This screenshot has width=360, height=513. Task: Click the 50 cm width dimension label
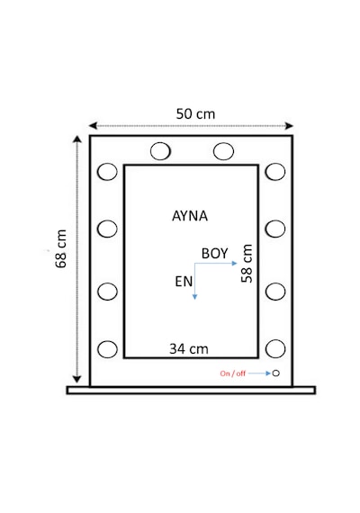pos(195,114)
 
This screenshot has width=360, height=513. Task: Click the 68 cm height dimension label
pos(61,249)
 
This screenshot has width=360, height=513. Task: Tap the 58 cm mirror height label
pos(247,264)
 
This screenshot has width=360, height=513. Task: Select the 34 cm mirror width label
pos(189,349)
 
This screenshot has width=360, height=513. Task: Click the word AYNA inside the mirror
pos(190,216)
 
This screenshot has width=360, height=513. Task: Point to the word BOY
pos(215,254)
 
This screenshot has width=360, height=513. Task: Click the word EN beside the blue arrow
pos(184,282)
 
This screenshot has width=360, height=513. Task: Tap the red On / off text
pos(232,373)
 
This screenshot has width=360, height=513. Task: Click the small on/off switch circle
pos(276,373)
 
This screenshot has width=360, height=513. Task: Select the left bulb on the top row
pos(160,151)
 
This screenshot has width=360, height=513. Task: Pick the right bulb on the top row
pos(223,151)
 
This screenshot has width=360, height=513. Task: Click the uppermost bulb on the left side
pos(107,171)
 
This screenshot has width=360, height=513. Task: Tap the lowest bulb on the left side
pos(107,349)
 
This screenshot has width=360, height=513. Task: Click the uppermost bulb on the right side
pos(275,171)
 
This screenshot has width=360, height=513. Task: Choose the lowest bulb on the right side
pos(275,349)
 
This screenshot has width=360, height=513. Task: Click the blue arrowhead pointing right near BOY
pos(234,263)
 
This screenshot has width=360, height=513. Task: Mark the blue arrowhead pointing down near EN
pos(194,296)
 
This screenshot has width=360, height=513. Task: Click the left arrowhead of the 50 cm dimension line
pos(93,126)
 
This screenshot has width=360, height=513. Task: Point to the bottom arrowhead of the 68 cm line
pos(76,379)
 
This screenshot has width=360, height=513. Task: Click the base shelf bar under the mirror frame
pos(191,390)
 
